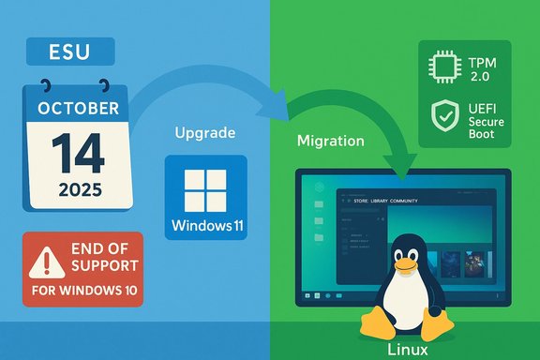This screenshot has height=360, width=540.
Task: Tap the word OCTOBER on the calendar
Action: [79, 107]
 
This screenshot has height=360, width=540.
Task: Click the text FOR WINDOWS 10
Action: [82, 291]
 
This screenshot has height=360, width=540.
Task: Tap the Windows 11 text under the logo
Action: [205, 227]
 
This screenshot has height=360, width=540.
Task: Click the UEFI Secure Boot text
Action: [485, 121]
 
